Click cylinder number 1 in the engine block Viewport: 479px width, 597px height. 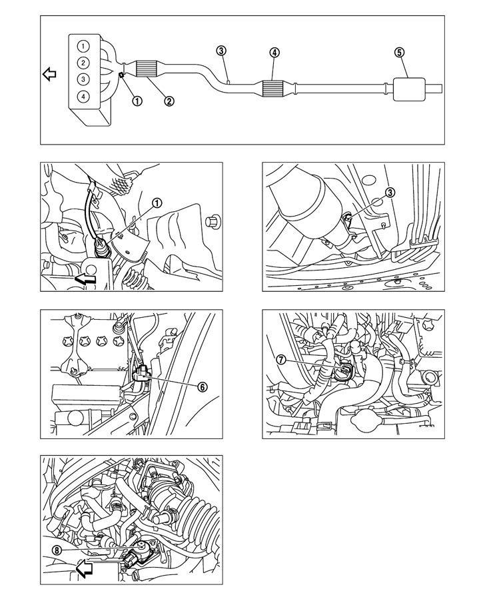(x=82, y=47)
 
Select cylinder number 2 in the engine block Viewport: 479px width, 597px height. (x=82, y=63)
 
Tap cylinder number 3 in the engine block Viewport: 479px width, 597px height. (x=82, y=79)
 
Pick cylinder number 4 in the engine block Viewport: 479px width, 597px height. (x=82, y=96)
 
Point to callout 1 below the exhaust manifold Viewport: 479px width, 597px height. (x=137, y=101)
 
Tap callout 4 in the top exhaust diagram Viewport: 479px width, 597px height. (x=274, y=51)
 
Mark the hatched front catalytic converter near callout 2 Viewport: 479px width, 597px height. (x=154, y=68)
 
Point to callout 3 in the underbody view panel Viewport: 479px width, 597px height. (x=390, y=192)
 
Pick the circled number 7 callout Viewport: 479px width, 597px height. (x=282, y=359)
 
